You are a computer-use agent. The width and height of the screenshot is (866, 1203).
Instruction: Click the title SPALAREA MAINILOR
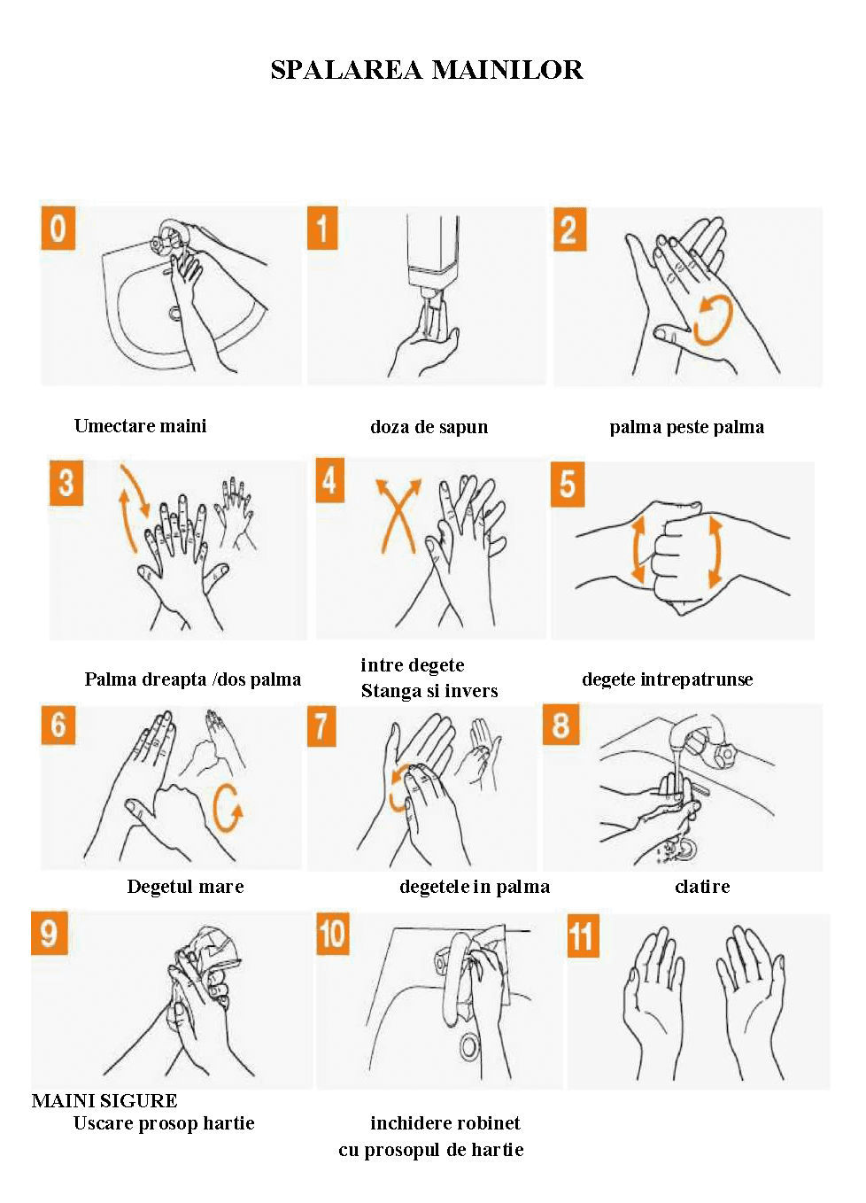pyautogui.click(x=427, y=70)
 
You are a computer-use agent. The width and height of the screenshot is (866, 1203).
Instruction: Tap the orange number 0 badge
pyautogui.click(x=58, y=229)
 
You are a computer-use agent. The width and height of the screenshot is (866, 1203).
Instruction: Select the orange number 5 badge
pyautogui.click(x=568, y=484)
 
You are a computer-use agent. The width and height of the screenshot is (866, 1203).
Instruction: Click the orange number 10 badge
pyautogui.click(x=332, y=934)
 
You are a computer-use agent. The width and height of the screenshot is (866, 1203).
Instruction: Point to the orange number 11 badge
pyautogui.click(x=583, y=936)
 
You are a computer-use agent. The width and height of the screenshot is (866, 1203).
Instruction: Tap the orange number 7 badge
pyautogui.click(x=321, y=726)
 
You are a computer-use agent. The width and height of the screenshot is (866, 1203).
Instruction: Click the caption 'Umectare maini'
pyautogui.click(x=140, y=426)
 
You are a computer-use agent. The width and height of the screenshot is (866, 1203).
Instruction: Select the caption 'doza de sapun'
pyautogui.click(x=429, y=427)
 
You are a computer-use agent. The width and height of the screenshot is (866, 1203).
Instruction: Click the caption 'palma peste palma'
pyautogui.click(x=686, y=428)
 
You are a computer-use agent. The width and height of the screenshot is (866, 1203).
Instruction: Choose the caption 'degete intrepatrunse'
pyautogui.click(x=668, y=679)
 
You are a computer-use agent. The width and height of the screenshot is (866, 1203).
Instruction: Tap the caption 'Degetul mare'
pyautogui.click(x=185, y=887)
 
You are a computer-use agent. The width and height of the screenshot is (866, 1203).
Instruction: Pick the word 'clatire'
pyautogui.click(x=702, y=886)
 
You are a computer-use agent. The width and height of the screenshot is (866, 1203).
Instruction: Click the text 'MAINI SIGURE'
pyautogui.click(x=104, y=1101)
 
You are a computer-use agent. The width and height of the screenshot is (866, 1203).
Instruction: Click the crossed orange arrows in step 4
pyautogui.click(x=398, y=516)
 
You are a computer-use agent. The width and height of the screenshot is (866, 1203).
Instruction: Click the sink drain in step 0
pyautogui.click(x=175, y=313)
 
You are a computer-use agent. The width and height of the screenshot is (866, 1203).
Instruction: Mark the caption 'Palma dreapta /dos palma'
pyautogui.click(x=193, y=680)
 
